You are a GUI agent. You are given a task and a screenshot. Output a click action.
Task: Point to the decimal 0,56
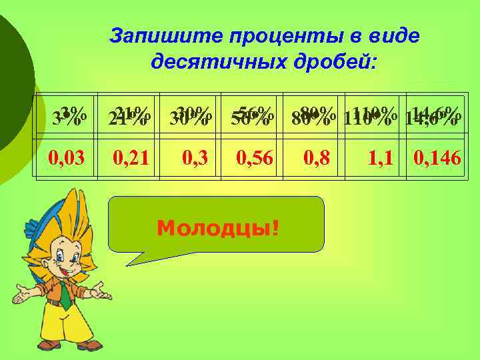pos(254,158)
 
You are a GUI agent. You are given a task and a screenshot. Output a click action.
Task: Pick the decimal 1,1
pos(382,158)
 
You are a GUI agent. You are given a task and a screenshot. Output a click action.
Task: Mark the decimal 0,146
pos(438,158)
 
